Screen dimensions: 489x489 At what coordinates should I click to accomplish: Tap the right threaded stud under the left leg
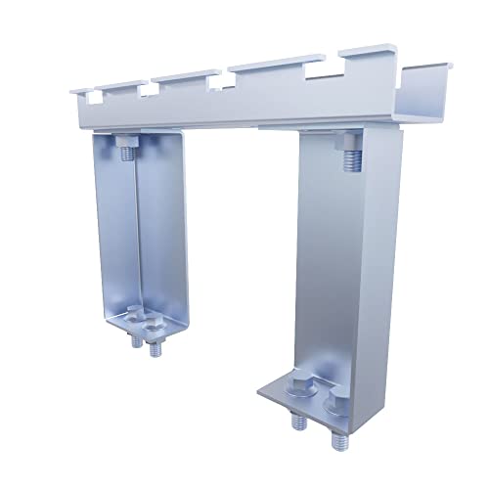pos(154,349)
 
